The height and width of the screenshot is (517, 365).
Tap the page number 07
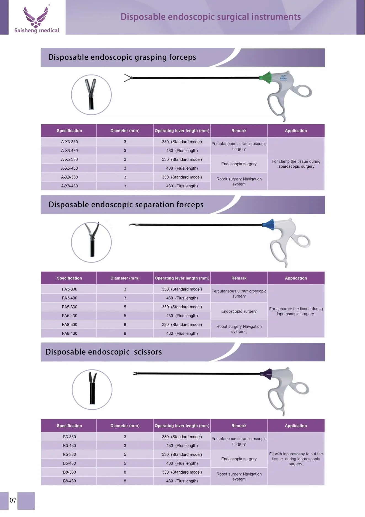pyautogui.click(x=13, y=500)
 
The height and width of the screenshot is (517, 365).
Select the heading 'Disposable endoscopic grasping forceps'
pyautogui.click(x=122, y=57)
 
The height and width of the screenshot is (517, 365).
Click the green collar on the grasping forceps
pyautogui.click(x=265, y=78)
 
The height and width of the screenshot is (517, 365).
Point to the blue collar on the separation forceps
pyautogui.click(x=268, y=225)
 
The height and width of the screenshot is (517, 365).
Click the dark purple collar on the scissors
pyautogui.click(x=267, y=374)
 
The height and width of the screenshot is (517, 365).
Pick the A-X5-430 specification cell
pyautogui.click(x=69, y=168)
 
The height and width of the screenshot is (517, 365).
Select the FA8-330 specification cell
pyautogui.click(x=69, y=325)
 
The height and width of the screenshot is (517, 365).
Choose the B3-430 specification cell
pyautogui.click(x=69, y=446)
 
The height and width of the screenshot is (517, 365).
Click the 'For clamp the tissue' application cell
pyautogui.click(x=296, y=164)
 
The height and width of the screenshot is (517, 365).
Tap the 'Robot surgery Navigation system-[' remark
pyautogui.click(x=239, y=329)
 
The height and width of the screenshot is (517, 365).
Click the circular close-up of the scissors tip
pyautogui.click(x=92, y=390)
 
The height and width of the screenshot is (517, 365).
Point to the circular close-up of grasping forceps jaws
pyautogui.click(x=91, y=95)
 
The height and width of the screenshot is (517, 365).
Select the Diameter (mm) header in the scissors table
pyautogui.click(x=125, y=426)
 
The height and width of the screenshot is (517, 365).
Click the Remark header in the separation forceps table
pyautogui.click(x=239, y=278)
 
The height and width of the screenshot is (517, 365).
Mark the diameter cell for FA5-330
pyautogui.click(x=125, y=307)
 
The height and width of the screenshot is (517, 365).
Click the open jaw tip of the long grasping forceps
pyautogui.click(x=127, y=78)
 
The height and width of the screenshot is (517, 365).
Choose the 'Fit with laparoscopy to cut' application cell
pyautogui.click(x=296, y=459)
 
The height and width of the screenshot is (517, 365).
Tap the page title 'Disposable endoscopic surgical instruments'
pyautogui.click(x=211, y=17)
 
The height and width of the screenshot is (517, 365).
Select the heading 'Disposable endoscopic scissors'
pyautogui.click(x=104, y=352)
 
